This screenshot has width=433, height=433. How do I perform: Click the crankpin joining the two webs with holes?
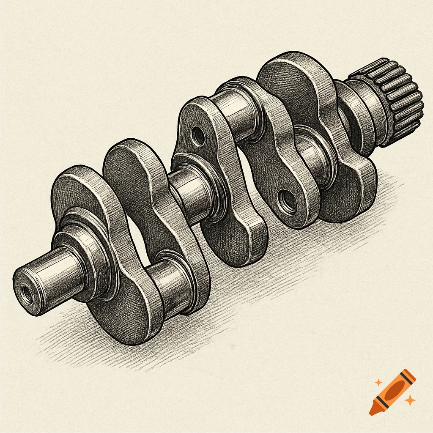[x=237, y=114]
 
